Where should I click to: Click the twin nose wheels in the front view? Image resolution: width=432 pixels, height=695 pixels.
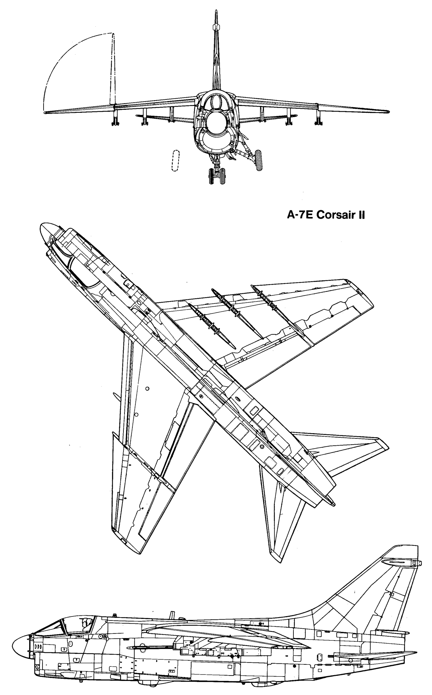[216, 176]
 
